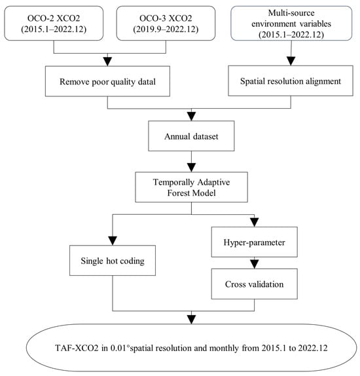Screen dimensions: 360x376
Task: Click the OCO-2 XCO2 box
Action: [54, 24]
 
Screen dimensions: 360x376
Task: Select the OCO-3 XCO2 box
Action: [166, 24]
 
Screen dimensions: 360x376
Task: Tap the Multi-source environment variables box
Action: [291, 24]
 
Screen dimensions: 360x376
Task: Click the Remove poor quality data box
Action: [107, 81]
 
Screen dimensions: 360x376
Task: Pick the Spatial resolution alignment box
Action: [291, 81]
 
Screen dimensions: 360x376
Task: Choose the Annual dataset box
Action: [191, 136]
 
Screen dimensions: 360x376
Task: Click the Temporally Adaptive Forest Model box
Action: [191, 187]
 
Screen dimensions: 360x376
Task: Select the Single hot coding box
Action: [113, 261]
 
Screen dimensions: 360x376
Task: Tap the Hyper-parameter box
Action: [255, 242]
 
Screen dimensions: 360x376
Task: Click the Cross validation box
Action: [255, 284]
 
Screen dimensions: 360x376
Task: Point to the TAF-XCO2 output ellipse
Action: [191, 347]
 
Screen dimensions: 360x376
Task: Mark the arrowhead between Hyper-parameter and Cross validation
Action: [255, 264]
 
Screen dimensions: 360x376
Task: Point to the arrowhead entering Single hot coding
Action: [113, 241]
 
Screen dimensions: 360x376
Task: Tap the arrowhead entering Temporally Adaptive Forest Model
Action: [191, 168]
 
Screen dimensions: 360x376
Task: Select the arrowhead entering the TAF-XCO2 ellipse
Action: [191, 320]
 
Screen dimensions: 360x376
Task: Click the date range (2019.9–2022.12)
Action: [166, 29]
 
